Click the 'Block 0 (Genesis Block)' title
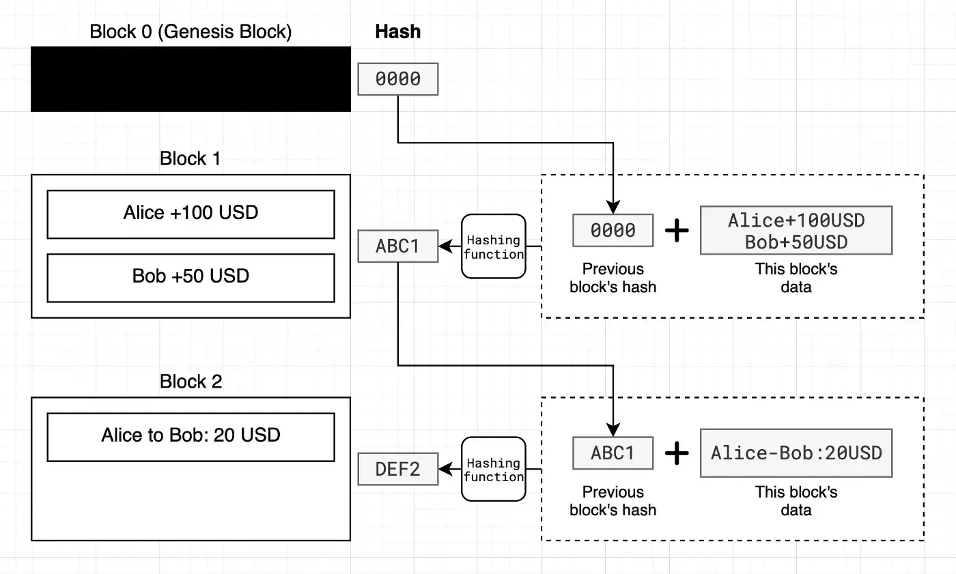point(191,32)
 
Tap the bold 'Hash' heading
point(397,32)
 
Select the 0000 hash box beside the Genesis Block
point(397,79)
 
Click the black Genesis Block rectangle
point(191,79)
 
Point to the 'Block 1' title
point(191,158)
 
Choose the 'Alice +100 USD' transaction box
point(191,214)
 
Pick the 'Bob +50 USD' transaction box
point(191,278)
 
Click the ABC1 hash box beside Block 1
point(397,246)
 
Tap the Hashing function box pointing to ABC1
point(493,246)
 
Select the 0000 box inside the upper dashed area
point(613,230)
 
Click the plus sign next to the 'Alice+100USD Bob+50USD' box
point(677,230)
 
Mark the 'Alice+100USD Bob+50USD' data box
point(796,230)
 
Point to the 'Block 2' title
point(191,382)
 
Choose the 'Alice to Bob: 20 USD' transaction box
point(191,437)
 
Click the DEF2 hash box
point(397,469)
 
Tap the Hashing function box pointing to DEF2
point(493,469)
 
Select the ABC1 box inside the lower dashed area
point(613,453)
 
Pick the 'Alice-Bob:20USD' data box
point(796,453)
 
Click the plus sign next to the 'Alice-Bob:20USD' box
point(677,453)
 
